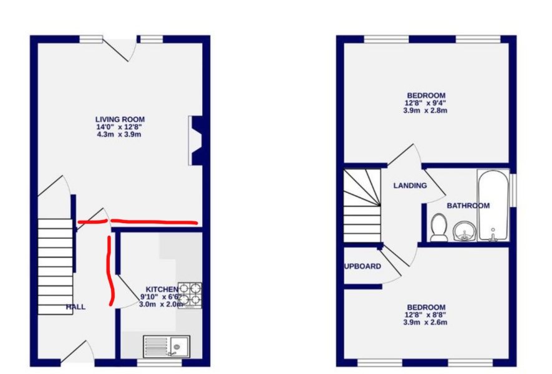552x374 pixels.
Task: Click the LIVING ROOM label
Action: point(119,119)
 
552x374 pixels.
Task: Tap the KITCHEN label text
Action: point(162,289)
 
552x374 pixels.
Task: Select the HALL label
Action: point(75,307)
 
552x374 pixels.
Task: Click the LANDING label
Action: point(410,185)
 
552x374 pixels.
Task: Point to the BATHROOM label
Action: point(468,205)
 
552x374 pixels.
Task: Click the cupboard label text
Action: point(362,266)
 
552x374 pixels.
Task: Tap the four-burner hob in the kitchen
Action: point(190,295)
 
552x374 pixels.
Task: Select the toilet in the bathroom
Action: point(438,227)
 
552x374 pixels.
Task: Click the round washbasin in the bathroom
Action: point(463,231)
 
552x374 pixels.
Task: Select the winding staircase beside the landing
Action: point(361,205)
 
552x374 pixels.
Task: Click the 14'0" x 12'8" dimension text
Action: point(119,127)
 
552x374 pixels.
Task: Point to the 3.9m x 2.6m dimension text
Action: point(426,323)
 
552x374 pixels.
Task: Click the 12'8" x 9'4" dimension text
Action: point(426,103)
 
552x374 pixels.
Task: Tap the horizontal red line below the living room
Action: point(156,221)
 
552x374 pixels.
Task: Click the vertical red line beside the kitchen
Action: point(111,271)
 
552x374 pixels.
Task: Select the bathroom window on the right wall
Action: point(513,189)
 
